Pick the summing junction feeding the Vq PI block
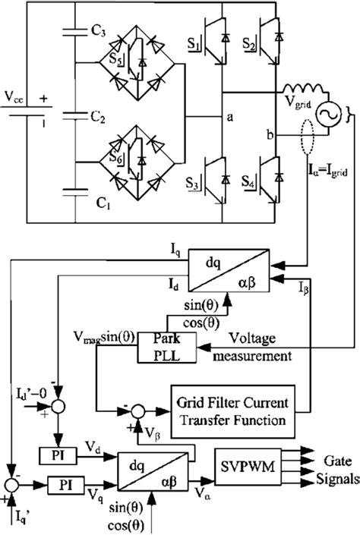(x=11, y=483)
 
